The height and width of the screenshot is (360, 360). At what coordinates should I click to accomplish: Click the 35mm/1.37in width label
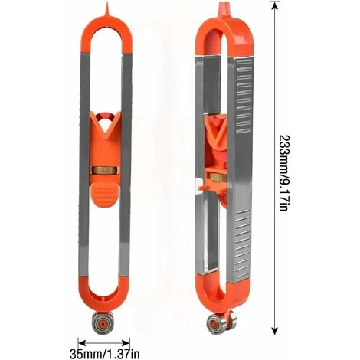click(104, 354)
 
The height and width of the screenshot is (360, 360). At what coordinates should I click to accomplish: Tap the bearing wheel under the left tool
click(103, 323)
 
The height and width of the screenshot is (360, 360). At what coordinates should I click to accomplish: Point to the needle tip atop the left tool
click(106, 5)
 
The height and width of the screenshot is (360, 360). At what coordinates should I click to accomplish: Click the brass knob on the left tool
click(105, 170)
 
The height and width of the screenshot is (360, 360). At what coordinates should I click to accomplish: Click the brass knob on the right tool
click(218, 177)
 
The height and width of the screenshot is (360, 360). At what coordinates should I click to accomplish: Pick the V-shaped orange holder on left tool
click(105, 125)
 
